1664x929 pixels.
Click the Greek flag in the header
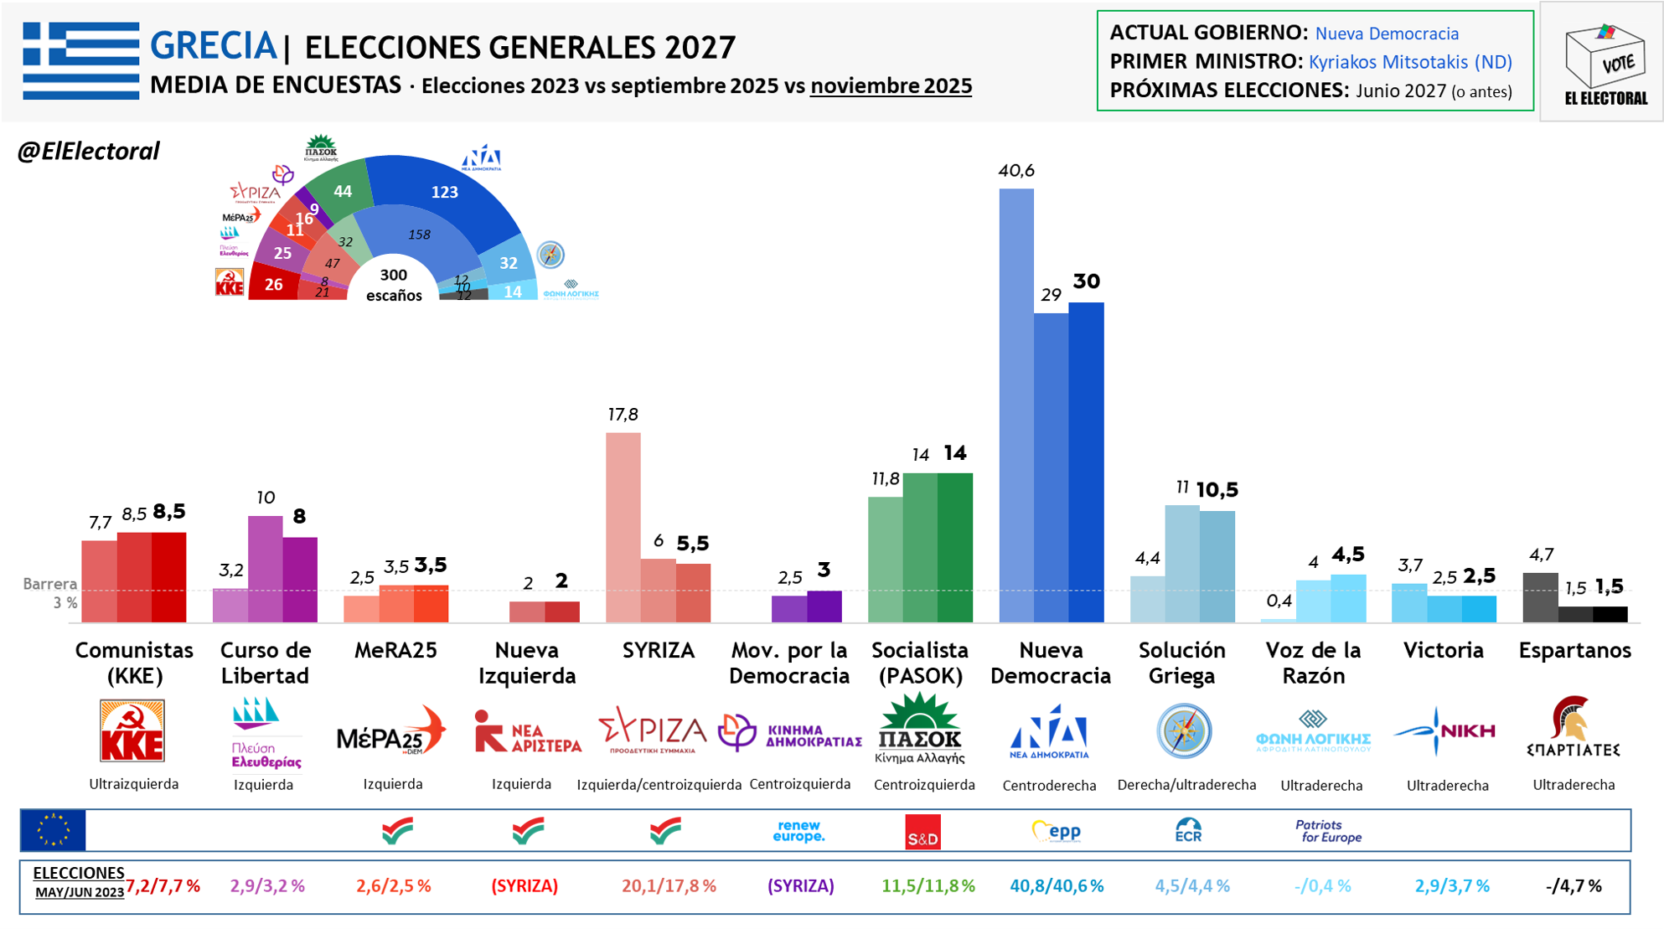(x=80, y=60)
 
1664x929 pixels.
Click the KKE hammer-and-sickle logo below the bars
(x=132, y=730)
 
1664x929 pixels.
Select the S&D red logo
(x=922, y=832)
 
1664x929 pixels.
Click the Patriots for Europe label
(x=1328, y=831)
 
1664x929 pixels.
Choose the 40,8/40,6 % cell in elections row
(x=1056, y=886)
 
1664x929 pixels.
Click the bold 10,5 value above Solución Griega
(x=1217, y=489)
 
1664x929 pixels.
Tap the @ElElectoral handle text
(x=88, y=152)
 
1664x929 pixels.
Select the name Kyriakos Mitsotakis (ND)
(x=1409, y=62)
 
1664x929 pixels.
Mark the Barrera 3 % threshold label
(x=51, y=592)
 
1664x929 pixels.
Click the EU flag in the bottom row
(x=53, y=830)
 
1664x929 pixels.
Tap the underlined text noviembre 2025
(x=891, y=85)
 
